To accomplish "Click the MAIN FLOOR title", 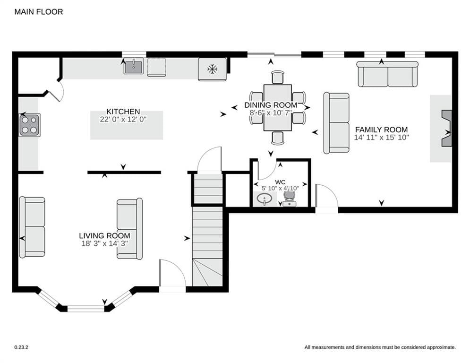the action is (39, 12).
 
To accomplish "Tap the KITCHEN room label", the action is (123, 112).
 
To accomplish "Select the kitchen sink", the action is (133, 66).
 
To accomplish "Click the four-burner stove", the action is (29, 125).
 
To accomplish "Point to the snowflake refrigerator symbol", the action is (212, 69).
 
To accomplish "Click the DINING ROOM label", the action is (271, 105).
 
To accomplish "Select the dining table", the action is (278, 108).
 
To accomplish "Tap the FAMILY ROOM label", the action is (381, 130).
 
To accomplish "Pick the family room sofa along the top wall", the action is (387, 74).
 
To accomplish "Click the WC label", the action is (280, 182).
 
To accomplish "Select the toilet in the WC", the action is (290, 199).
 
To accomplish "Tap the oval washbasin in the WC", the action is (265, 199).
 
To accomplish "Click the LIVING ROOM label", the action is (104, 236).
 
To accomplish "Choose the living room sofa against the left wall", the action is (32, 227).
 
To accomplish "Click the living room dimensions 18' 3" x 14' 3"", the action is (104, 243).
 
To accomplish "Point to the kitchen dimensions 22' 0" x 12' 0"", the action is (123, 119).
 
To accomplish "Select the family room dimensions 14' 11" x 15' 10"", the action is (381, 138).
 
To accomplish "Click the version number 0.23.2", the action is (21, 347).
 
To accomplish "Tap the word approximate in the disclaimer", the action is (441, 347).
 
